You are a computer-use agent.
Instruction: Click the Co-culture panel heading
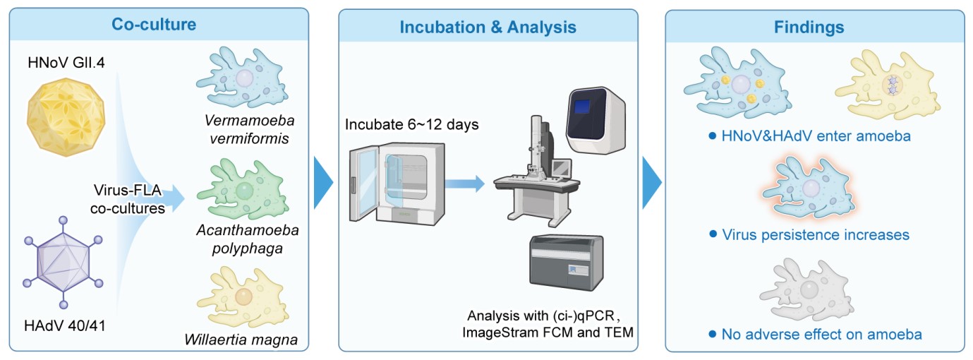click(x=154, y=24)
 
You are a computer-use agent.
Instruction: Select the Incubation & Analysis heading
click(x=488, y=28)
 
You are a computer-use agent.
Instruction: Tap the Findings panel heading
click(x=818, y=28)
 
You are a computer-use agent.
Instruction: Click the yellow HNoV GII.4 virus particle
click(x=64, y=112)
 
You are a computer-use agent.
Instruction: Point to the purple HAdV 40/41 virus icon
click(x=64, y=260)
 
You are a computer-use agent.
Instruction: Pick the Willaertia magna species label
click(x=241, y=340)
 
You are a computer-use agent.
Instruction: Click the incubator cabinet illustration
click(x=389, y=183)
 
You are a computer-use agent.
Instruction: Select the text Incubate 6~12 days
click(x=412, y=125)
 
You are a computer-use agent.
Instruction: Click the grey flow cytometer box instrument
click(x=565, y=260)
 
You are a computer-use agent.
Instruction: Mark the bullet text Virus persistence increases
click(x=815, y=234)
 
